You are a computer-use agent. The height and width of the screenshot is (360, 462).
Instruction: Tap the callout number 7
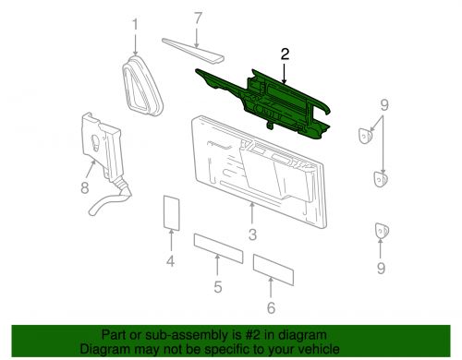(x=197, y=17)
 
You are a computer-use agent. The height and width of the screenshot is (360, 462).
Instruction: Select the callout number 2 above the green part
(x=286, y=54)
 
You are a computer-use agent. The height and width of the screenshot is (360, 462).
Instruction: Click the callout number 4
(x=170, y=261)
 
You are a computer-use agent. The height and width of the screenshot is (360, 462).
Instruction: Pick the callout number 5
(x=218, y=286)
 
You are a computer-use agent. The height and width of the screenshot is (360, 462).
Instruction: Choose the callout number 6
(x=271, y=306)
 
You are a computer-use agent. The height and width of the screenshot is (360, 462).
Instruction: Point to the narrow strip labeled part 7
(x=185, y=45)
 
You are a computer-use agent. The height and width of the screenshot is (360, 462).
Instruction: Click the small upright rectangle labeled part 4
(x=172, y=211)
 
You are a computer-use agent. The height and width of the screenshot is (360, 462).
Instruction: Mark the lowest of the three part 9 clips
(x=380, y=232)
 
